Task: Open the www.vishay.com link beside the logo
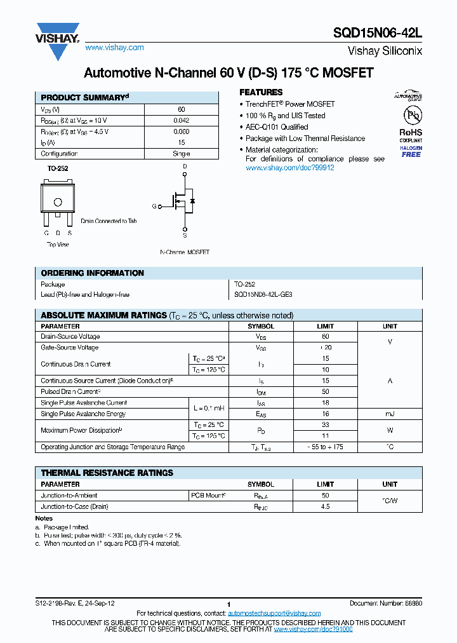point(114,48)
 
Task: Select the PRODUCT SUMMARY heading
point(84,98)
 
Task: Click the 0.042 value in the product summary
point(181,121)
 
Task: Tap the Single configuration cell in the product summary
point(181,154)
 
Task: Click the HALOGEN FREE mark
point(411,151)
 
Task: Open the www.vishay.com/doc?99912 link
point(289,168)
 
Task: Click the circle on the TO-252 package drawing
point(58,203)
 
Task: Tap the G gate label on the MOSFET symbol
point(154,206)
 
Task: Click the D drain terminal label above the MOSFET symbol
point(185,166)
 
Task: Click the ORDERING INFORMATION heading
point(92,273)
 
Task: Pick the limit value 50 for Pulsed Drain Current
point(325,392)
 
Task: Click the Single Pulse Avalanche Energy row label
point(83,414)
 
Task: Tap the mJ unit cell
point(390,414)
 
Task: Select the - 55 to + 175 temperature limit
point(325,447)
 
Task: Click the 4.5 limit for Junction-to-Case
point(325,507)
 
